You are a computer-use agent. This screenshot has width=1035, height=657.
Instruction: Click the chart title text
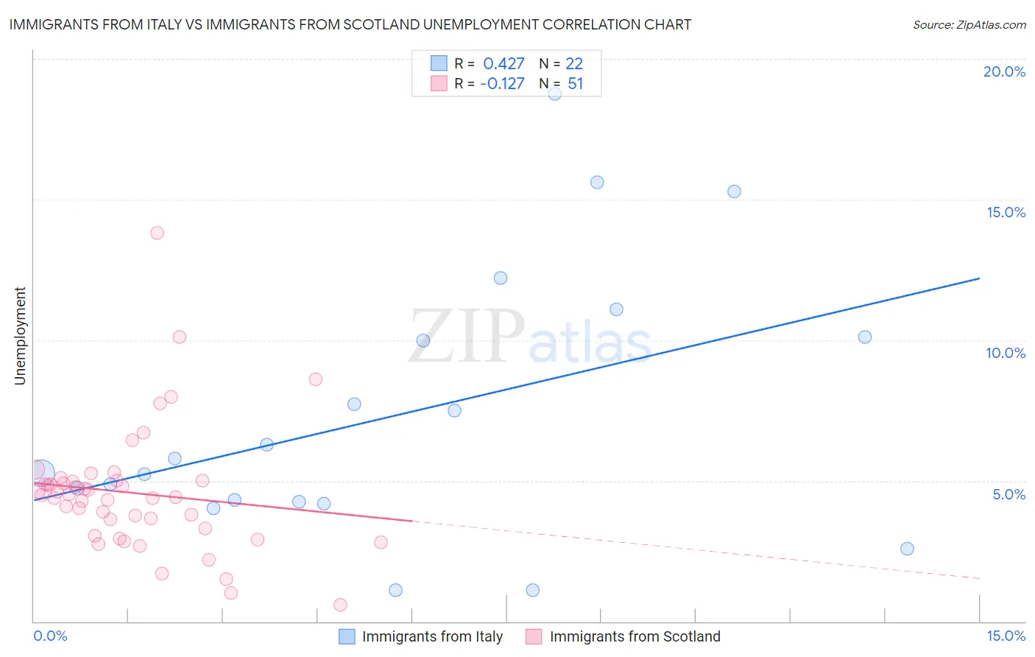350,24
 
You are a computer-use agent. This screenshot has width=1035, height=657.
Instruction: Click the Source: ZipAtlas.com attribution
969,24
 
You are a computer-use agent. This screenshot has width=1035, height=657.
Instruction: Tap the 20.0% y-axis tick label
1004,71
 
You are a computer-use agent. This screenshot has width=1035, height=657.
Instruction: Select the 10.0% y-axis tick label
1005,353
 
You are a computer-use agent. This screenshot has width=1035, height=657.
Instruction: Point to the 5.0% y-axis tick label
1008,494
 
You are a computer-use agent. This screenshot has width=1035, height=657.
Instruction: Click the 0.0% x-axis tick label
50,636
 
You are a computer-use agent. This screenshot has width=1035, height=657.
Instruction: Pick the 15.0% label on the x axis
1006,636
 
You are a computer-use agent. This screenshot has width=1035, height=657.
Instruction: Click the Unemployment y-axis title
20,336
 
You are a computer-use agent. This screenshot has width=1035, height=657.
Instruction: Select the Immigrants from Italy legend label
432,636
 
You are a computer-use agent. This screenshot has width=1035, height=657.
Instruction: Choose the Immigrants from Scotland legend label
635,636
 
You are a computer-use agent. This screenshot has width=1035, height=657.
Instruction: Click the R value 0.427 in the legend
504,64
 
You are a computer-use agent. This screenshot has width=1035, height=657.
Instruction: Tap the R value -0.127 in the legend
502,84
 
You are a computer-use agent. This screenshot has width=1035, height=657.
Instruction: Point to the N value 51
575,84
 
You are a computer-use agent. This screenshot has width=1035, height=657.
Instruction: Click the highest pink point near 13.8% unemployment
157,233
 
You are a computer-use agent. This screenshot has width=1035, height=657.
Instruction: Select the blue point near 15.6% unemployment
597,182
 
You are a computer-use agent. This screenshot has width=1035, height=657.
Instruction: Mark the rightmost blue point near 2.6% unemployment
907,549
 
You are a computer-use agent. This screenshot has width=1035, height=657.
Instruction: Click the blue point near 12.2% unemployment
501,278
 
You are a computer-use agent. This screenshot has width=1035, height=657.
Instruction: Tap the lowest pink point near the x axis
340,605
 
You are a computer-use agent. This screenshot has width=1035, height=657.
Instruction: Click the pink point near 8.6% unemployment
315,379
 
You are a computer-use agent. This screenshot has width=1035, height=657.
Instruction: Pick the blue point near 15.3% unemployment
734,192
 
